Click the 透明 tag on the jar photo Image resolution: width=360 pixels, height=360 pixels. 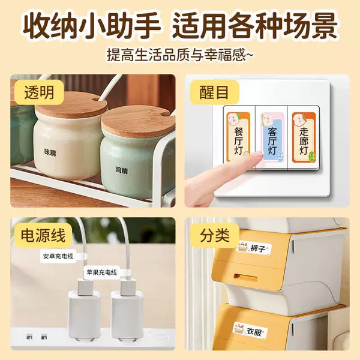click(39, 93)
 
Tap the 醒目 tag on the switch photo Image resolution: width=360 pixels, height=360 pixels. click(214, 93)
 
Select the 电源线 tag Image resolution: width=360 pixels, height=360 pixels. click(43, 236)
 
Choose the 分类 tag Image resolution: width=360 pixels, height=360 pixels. click(215, 236)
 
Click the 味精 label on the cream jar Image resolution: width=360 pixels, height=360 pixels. click(50, 152)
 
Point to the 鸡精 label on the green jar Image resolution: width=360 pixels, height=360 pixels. click(122, 170)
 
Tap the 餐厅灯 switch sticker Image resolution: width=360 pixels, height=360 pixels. click(238, 137)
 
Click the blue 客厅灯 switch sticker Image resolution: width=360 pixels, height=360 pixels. click(272, 137)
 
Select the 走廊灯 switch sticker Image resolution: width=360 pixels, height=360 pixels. click(304, 137)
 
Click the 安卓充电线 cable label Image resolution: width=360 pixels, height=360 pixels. click(58, 256)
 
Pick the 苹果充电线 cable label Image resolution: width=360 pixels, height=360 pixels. click(102, 272)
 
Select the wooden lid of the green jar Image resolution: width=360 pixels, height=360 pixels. click(138, 122)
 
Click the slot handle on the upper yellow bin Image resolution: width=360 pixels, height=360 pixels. click(245, 278)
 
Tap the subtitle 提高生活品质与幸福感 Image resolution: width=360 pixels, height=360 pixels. click(180, 55)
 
